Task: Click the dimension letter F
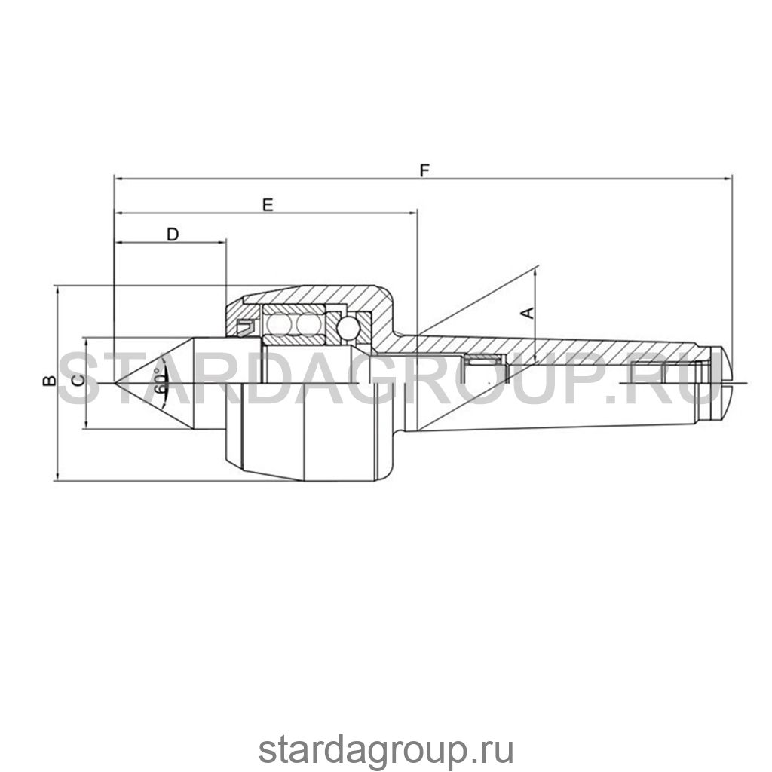point(424,170)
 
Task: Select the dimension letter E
point(268,205)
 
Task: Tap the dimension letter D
point(173,234)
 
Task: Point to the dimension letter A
point(527,313)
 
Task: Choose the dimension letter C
point(78,381)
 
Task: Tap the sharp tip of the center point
point(115,382)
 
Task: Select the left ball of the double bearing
point(278,324)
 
